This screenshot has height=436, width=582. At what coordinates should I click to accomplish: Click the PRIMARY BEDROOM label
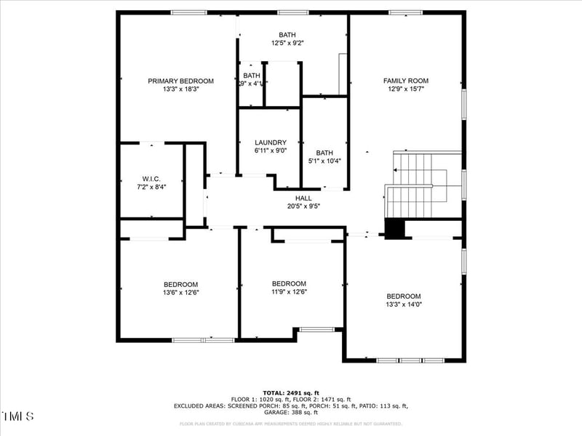click(x=180, y=81)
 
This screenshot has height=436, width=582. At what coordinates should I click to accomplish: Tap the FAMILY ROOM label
click(x=406, y=81)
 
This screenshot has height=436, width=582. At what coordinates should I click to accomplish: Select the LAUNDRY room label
click(x=271, y=142)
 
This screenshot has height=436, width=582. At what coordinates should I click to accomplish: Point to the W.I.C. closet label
click(x=151, y=179)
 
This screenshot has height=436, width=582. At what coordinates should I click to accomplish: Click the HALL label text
click(x=303, y=198)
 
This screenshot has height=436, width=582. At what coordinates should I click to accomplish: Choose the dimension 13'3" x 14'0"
click(x=404, y=304)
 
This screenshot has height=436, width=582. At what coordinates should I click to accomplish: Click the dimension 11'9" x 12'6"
click(x=289, y=292)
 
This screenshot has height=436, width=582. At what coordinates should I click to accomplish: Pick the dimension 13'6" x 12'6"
click(x=180, y=292)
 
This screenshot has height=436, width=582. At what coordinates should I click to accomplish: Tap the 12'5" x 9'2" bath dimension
click(x=287, y=43)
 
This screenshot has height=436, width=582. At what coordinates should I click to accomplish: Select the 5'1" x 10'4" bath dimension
click(x=324, y=161)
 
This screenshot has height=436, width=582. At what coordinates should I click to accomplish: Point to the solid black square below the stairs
click(x=394, y=228)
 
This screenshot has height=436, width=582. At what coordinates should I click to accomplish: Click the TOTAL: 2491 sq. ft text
click(x=291, y=392)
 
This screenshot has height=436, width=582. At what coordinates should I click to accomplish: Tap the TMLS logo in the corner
click(x=18, y=416)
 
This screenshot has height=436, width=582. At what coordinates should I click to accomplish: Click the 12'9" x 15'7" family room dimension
click(x=406, y=89)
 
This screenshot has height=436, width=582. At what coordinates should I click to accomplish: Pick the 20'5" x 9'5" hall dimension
click(x=303, y=206)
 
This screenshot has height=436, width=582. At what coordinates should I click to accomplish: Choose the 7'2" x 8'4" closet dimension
click(x=151, y=187)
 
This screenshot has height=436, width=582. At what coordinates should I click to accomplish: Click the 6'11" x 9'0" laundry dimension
click(x=271, y=150)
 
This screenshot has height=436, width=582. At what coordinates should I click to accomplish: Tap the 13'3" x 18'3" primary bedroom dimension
click(x=180, y=89)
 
